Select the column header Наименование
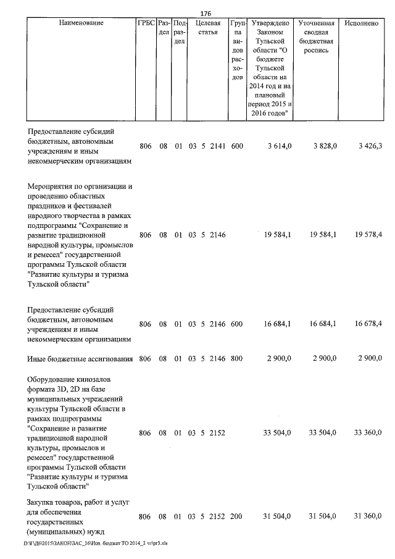click(x=81, y=23)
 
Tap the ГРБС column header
click(x=146, y=23)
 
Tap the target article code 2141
click(x=218, y=146)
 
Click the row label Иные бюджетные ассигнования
click(x=81, y=359)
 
